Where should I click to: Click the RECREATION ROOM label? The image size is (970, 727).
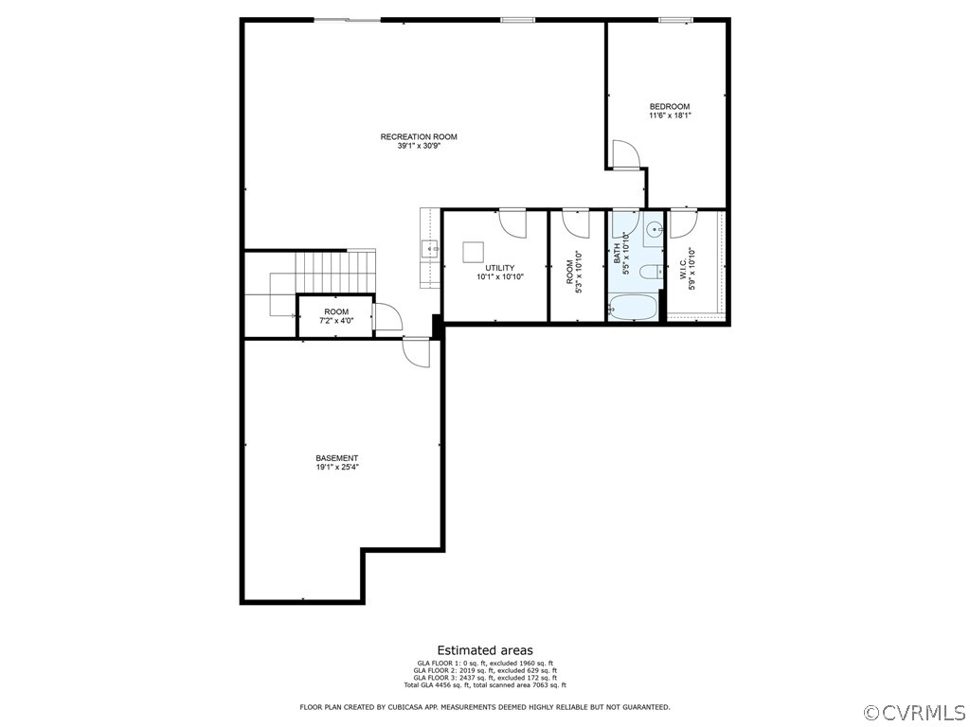pos(419,137)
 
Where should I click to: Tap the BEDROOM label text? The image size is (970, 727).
pos(670,106)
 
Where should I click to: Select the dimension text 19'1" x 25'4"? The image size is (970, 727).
pos(337,467)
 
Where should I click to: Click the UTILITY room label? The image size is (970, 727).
pos(499,268)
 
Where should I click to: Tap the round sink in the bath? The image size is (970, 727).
pos(655,230)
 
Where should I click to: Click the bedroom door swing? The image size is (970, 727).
pos(625,154)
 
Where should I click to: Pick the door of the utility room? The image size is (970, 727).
pos(512,222)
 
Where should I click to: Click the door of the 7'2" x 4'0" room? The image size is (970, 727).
pos(387,316)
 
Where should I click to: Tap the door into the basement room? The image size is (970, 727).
pos(417,352)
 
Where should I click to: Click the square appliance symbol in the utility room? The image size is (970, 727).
pos(474,252)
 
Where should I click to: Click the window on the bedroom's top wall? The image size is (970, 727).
pos(674,20)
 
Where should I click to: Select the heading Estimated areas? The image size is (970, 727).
pos(484,650)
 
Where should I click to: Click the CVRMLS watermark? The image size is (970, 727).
pos(914,712)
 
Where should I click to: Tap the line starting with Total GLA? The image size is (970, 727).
pos(484,684)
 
